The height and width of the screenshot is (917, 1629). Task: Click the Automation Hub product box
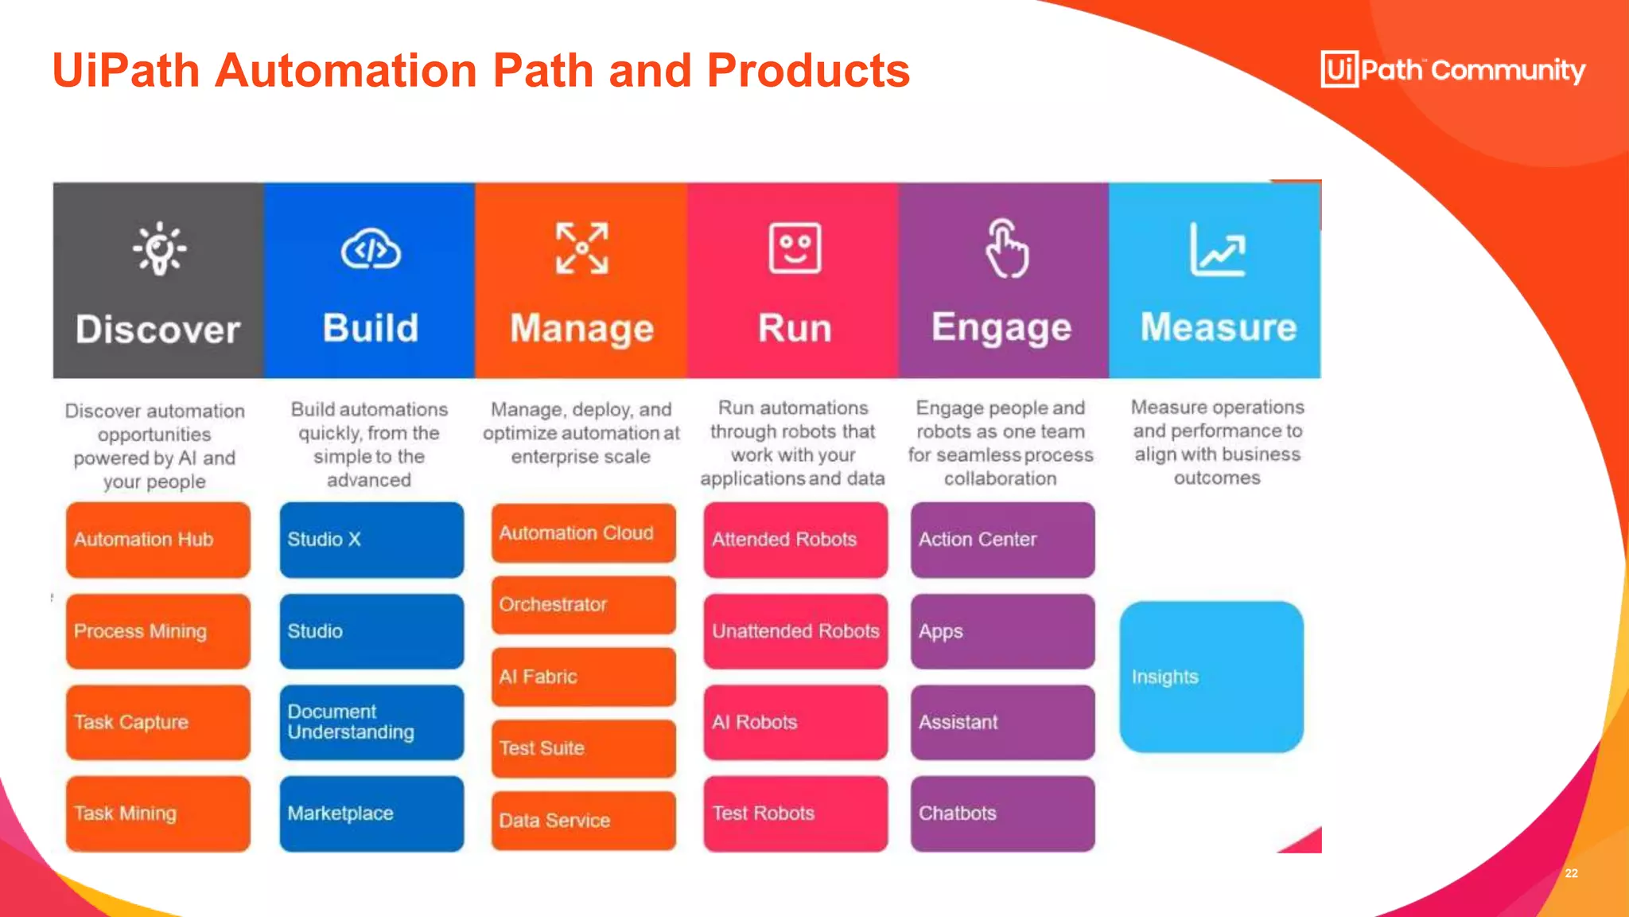(x=157, y=539)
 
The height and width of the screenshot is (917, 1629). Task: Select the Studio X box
(x=371, y=539)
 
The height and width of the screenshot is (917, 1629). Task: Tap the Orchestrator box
(x=583, y=605)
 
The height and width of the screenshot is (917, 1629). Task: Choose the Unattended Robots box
(x=795, y=631)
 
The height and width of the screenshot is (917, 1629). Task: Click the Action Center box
(x=1002, y=539)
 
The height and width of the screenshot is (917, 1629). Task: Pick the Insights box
(x=1211, y=677)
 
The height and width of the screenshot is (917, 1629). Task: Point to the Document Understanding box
(x=371, y=722)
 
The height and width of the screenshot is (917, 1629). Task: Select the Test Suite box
(x=583, y=748)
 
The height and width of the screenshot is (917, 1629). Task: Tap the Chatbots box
(x=1002, y=814)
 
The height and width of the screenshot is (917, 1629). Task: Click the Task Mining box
(x=157, y=814)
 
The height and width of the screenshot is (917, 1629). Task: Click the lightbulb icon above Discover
(x=160, y=248)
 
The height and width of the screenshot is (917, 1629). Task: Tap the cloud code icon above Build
(x=371, y=250)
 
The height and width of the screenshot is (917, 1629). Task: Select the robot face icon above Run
(x=795, y=248)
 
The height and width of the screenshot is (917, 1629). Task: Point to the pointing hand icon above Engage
(x=1006, y=248)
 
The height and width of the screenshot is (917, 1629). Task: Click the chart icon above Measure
(x=1217, y=250)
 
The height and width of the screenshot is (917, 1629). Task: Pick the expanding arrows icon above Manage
(x=582, y=248)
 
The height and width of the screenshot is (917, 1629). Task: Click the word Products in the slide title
(x=807, y=70)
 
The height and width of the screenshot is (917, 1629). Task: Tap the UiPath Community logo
(x=1452, y=69)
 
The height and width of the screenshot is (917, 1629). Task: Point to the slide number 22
(x=1571, y=873)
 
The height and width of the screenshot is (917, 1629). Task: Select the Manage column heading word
(x=581, y=329)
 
